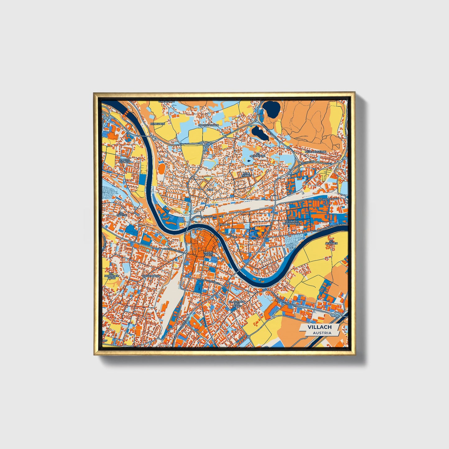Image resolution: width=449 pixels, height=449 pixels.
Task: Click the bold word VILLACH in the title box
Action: pos(319,327)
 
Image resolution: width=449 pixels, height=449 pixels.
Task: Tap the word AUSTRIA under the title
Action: pos(322,333)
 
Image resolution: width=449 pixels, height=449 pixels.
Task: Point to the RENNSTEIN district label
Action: pos(157,124)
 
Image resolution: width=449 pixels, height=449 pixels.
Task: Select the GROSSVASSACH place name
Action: pos(208,125)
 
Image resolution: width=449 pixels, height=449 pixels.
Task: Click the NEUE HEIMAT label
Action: pos(246,175)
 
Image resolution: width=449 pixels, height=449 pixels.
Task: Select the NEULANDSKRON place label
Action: pos(315,152)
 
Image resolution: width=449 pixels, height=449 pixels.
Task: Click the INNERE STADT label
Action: pos(208,254)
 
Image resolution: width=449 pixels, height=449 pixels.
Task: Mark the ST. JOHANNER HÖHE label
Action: pos(111,276)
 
